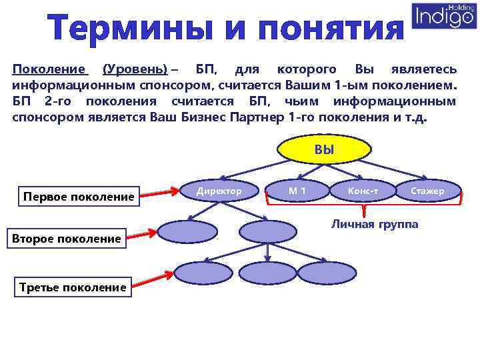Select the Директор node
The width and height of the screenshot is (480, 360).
[x=219, y=191]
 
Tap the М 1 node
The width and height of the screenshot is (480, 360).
[x=297, y=191]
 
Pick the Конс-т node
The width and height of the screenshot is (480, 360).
[x=363, y=191]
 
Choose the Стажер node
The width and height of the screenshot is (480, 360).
[x=427, y=191]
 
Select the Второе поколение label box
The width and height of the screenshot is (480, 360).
[x=66, y=238]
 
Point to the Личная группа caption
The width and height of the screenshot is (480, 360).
[x=375, y=224]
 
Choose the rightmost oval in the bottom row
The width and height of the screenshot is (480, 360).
[x=321, y=272]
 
